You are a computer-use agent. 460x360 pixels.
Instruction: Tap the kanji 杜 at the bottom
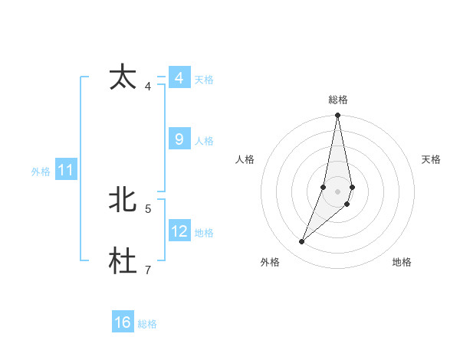click(123, 261)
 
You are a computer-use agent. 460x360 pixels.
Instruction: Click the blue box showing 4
click(179, 78)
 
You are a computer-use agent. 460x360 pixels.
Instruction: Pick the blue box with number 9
click(179, 139)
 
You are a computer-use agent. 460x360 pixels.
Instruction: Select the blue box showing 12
click(179, 231)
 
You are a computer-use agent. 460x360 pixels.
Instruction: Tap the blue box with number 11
click(65, 170)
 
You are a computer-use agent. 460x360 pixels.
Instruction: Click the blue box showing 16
click(123, 322)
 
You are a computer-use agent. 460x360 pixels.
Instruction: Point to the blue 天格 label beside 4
click(204, 80)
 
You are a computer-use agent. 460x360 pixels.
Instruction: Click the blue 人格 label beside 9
click(204, 141)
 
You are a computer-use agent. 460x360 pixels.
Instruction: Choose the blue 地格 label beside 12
click(204, 233)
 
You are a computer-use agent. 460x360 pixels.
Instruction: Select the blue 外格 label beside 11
click(41, 172)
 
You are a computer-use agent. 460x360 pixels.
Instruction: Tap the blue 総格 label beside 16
click(147, 324)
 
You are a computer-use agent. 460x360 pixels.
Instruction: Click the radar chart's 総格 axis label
click(338, 100)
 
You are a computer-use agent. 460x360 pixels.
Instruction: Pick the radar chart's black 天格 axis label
click(432, 159)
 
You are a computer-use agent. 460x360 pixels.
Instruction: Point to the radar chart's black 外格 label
click(270, 262)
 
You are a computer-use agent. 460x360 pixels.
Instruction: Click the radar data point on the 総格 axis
click(338, 116)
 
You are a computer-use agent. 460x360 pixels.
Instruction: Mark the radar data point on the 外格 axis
click(301, 242)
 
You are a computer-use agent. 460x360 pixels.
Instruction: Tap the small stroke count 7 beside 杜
click(147, 269)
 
